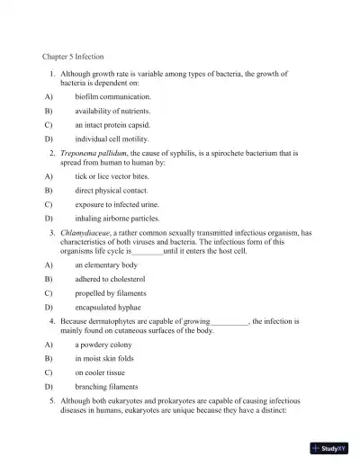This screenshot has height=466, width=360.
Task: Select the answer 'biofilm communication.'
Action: pos(112,95)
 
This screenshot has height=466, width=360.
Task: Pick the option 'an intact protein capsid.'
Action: pos(112,125)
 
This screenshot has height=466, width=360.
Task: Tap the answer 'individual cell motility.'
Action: pos(112,139)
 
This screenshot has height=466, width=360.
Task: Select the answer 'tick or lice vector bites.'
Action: pos(114,176)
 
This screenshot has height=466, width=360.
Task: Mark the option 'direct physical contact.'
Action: pos(111,191)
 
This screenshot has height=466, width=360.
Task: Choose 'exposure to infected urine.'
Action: pos(117,205)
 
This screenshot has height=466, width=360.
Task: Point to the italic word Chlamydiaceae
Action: pos(87,233)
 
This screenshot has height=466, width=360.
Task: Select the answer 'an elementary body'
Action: pos(106,265)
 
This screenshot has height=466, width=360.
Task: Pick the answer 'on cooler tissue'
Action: pos(101,372)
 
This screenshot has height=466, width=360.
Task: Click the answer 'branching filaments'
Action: pos(106,386)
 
